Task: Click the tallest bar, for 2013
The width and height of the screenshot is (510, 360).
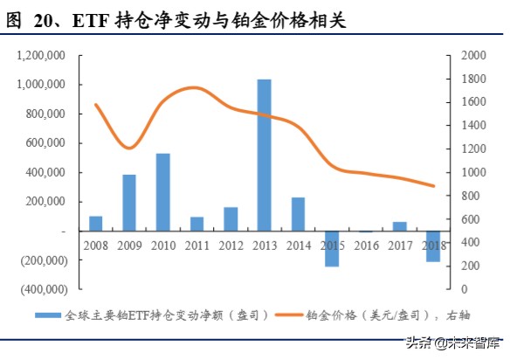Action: coord(264,155)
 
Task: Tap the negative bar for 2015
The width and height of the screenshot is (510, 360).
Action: coord(331,248)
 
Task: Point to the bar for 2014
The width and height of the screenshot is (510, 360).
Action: coord(298,214)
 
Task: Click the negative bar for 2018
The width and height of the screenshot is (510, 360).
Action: coord(433,246)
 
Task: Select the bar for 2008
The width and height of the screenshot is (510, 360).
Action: coord(95,223)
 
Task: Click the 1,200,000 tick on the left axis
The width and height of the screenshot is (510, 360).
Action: coord(42,56)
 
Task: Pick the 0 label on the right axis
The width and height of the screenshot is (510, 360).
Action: coord(453,289)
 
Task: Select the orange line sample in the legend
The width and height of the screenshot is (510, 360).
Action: coord(289,315)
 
